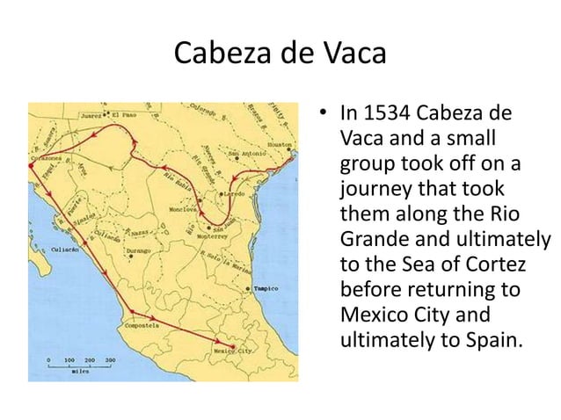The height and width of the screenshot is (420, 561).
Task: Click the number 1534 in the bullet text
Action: coord(384,114)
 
